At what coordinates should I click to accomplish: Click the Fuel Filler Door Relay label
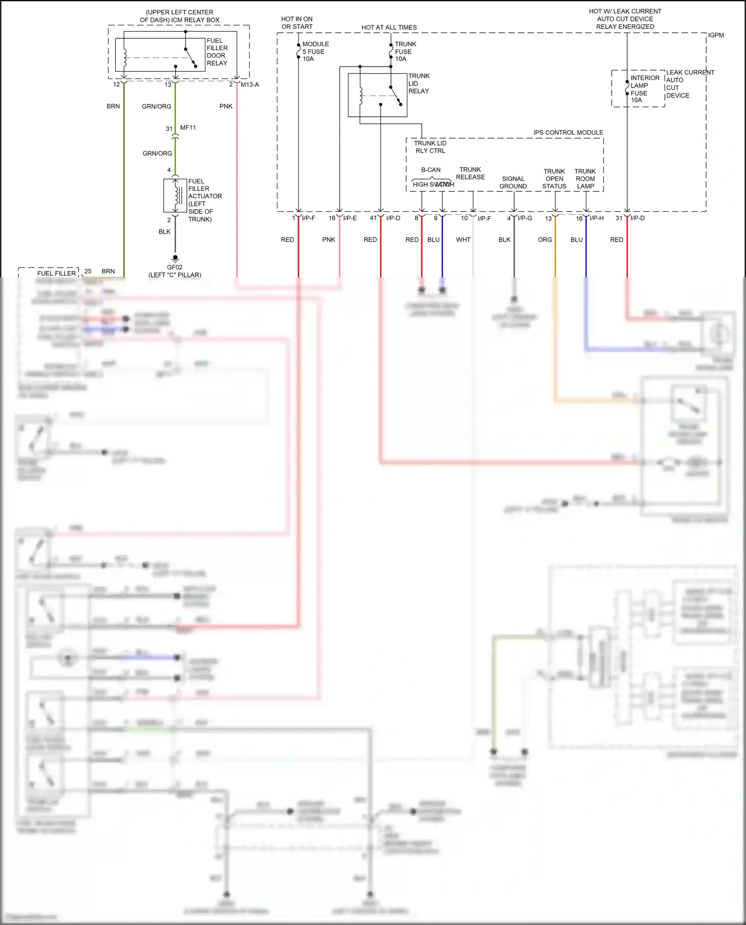[217, 52]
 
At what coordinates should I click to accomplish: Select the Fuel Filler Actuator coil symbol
[175, 196]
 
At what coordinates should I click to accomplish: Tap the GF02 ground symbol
[175, 258]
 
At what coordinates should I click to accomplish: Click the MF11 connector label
[188, 128]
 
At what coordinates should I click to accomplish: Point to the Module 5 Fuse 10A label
[315, 51]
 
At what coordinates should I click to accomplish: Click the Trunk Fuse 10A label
[405, 51]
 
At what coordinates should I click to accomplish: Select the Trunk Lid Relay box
[377, 95]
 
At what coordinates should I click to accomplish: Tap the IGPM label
[716, 35]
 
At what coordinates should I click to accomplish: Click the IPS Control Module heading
[568, 133]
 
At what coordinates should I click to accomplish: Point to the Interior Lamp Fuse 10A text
[645, 89]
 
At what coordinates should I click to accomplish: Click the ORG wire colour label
[545, 240]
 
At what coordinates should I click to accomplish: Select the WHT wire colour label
[463, 240]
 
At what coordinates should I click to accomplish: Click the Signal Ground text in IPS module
[513, 182]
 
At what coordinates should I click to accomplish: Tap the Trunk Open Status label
[554, 179]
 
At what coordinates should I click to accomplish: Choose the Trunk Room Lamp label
[585, 179]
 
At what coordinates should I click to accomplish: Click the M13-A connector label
[250, 84]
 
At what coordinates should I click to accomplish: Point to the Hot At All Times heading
[389, 27]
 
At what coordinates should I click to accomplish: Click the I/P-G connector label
[525, 218]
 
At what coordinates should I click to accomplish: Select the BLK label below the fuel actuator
[165, 232]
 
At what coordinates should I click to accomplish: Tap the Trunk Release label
[470, 173]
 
